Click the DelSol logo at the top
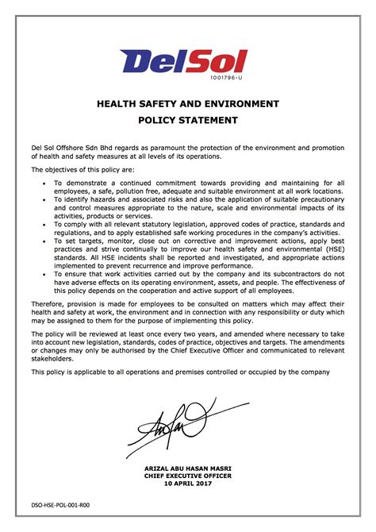(183, 61)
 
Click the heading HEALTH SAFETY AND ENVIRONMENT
(187, 104)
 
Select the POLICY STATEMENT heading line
(187, 121)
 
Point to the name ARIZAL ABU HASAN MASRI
(187, 468)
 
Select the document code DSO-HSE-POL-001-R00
(61, 504)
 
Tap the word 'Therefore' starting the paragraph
(48, 304)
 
